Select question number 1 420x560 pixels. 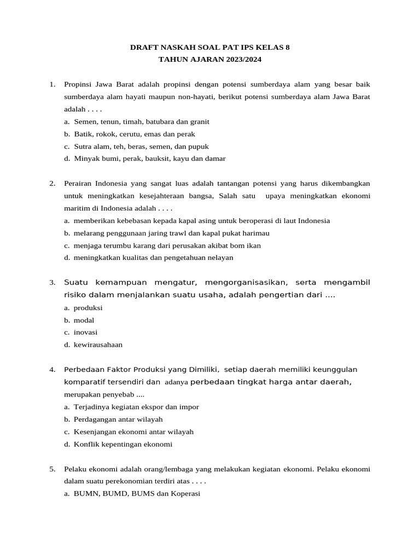tap(52, 85)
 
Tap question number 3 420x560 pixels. tap(52, 283)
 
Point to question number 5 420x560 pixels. tap(52, 469)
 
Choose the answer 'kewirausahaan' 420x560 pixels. tap(98, 345)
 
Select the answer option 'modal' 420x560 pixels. tap(84, 320)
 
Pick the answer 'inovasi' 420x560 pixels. tap(85, 332)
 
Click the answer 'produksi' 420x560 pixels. tap(88, 308)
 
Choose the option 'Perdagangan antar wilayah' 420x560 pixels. tap(118, 419)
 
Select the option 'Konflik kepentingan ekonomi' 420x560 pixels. tap(122, 444)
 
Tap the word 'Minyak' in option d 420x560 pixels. tap(86, 159)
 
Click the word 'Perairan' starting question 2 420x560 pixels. tap(78, 184)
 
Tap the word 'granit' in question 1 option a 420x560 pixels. tap(199, 122)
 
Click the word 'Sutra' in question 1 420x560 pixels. tap(83, 147)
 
